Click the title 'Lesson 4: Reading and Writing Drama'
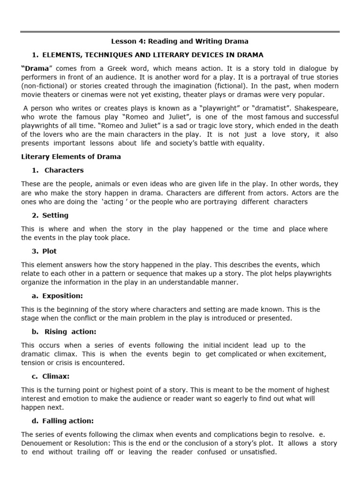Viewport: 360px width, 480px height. coord(180,41)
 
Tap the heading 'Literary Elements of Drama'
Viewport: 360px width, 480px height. coord(71,157)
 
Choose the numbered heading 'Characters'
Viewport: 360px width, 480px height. coord(64,170)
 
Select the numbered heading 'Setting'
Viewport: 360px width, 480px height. coord(55,215)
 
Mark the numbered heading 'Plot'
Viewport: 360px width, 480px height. coord(50,251)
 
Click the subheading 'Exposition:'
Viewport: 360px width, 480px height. coord(63,296)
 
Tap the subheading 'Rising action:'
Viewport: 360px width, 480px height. coord(70,331)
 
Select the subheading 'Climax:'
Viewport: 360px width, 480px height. coord(56,376)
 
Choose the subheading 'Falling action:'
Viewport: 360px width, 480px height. coord(68,420)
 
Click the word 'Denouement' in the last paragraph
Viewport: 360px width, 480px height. coord(42,443)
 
